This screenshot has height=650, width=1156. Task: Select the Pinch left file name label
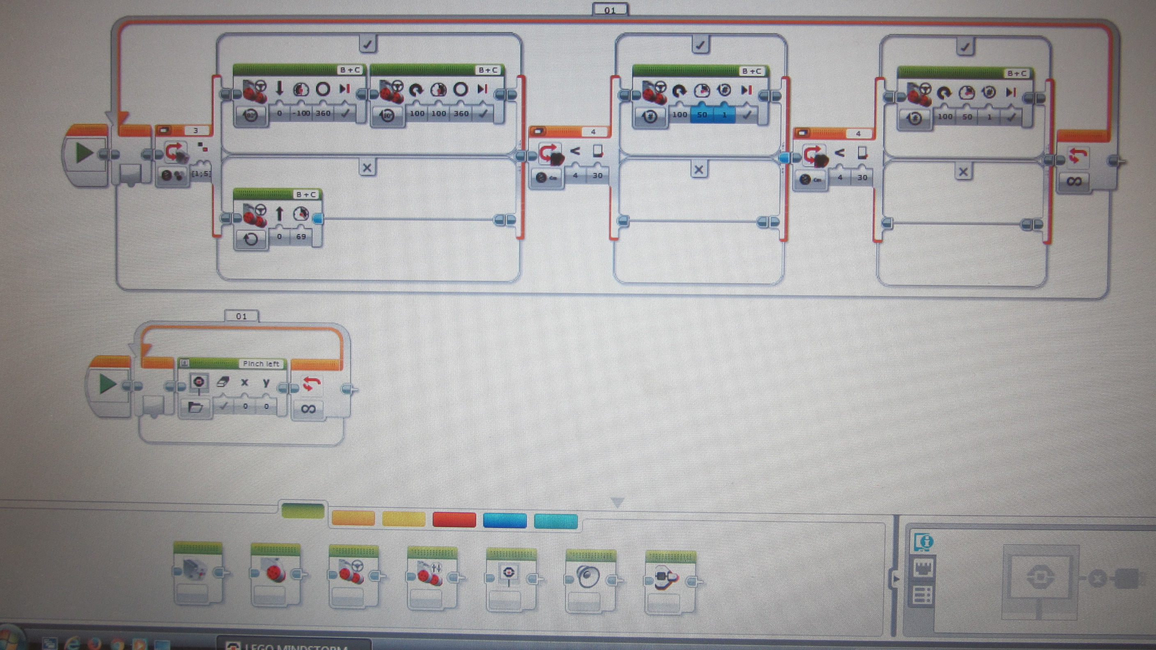261,364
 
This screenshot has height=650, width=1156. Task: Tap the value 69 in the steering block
301,236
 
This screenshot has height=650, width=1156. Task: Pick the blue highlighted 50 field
702,115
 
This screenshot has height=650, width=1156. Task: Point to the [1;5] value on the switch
201,174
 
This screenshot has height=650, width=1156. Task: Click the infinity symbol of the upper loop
1074,181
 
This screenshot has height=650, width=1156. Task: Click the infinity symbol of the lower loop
308,409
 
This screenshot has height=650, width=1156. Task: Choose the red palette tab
454,520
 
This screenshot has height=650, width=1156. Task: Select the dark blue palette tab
505,520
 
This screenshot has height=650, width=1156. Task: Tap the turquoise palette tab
555,521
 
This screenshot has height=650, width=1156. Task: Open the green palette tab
303,511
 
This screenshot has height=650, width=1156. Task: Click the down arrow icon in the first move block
279,88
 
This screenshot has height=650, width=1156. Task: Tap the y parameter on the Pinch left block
266,382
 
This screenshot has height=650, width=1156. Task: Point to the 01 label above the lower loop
241,316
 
